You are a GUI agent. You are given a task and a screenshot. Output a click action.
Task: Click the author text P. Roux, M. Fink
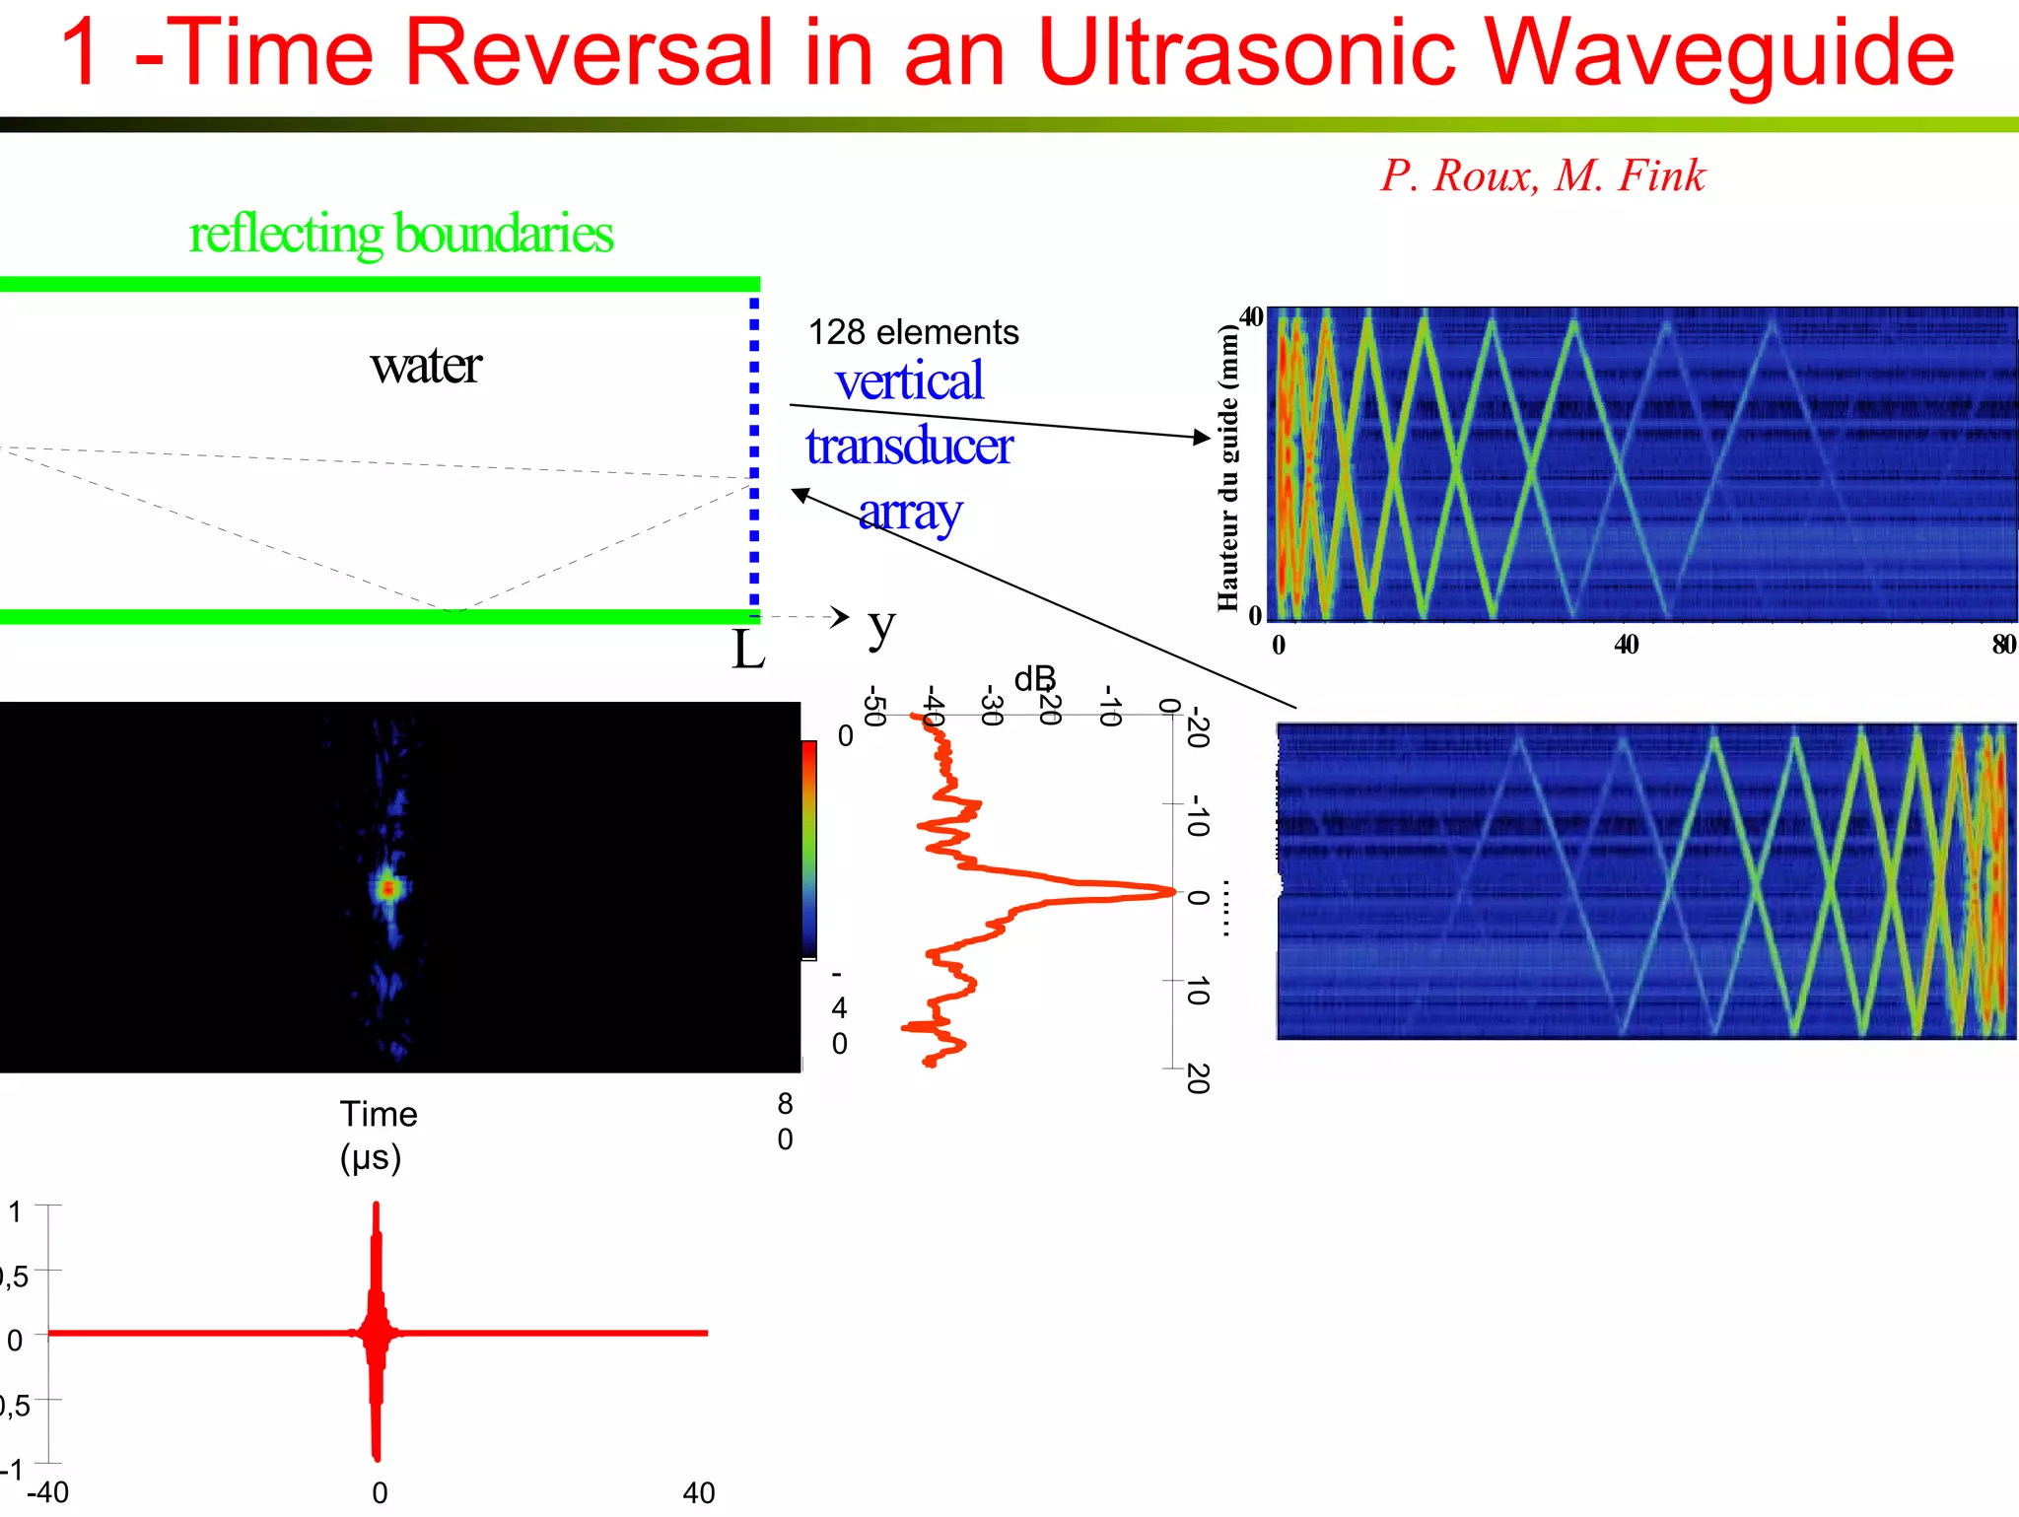tap(1542, 175)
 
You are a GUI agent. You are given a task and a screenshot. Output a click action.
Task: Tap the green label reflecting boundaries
tap(400, 234)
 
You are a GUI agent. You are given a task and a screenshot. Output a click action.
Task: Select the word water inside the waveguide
tap(426, 366)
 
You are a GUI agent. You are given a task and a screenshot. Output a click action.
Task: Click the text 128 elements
tap(913, 332)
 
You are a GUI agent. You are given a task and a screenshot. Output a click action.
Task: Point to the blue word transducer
tap(909, 446)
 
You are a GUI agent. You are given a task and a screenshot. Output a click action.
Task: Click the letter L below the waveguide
tap(747, 651)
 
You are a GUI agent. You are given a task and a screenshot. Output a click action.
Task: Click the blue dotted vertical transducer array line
tap(754, 453)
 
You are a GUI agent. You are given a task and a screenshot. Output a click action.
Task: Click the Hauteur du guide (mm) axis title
tap(1227, 469)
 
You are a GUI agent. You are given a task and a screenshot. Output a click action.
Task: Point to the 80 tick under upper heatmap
tap(2003, 645)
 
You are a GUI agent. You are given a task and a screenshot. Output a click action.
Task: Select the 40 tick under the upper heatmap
tap(1626, 645)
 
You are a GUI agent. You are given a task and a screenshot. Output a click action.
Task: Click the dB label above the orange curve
tap(1034, 678)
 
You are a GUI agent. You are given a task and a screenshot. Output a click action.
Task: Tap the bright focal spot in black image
tap(388, 888)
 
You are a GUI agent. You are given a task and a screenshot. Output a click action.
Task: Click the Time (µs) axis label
tap(378, 1135)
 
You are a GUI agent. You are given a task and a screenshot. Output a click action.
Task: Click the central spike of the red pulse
tap(377, 1331)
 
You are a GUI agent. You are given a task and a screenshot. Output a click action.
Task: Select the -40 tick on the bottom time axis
tap(47, 1492)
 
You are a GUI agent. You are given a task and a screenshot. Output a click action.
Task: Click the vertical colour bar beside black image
tap(808, 849)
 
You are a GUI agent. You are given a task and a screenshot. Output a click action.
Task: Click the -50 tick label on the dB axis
tap(873, 706)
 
